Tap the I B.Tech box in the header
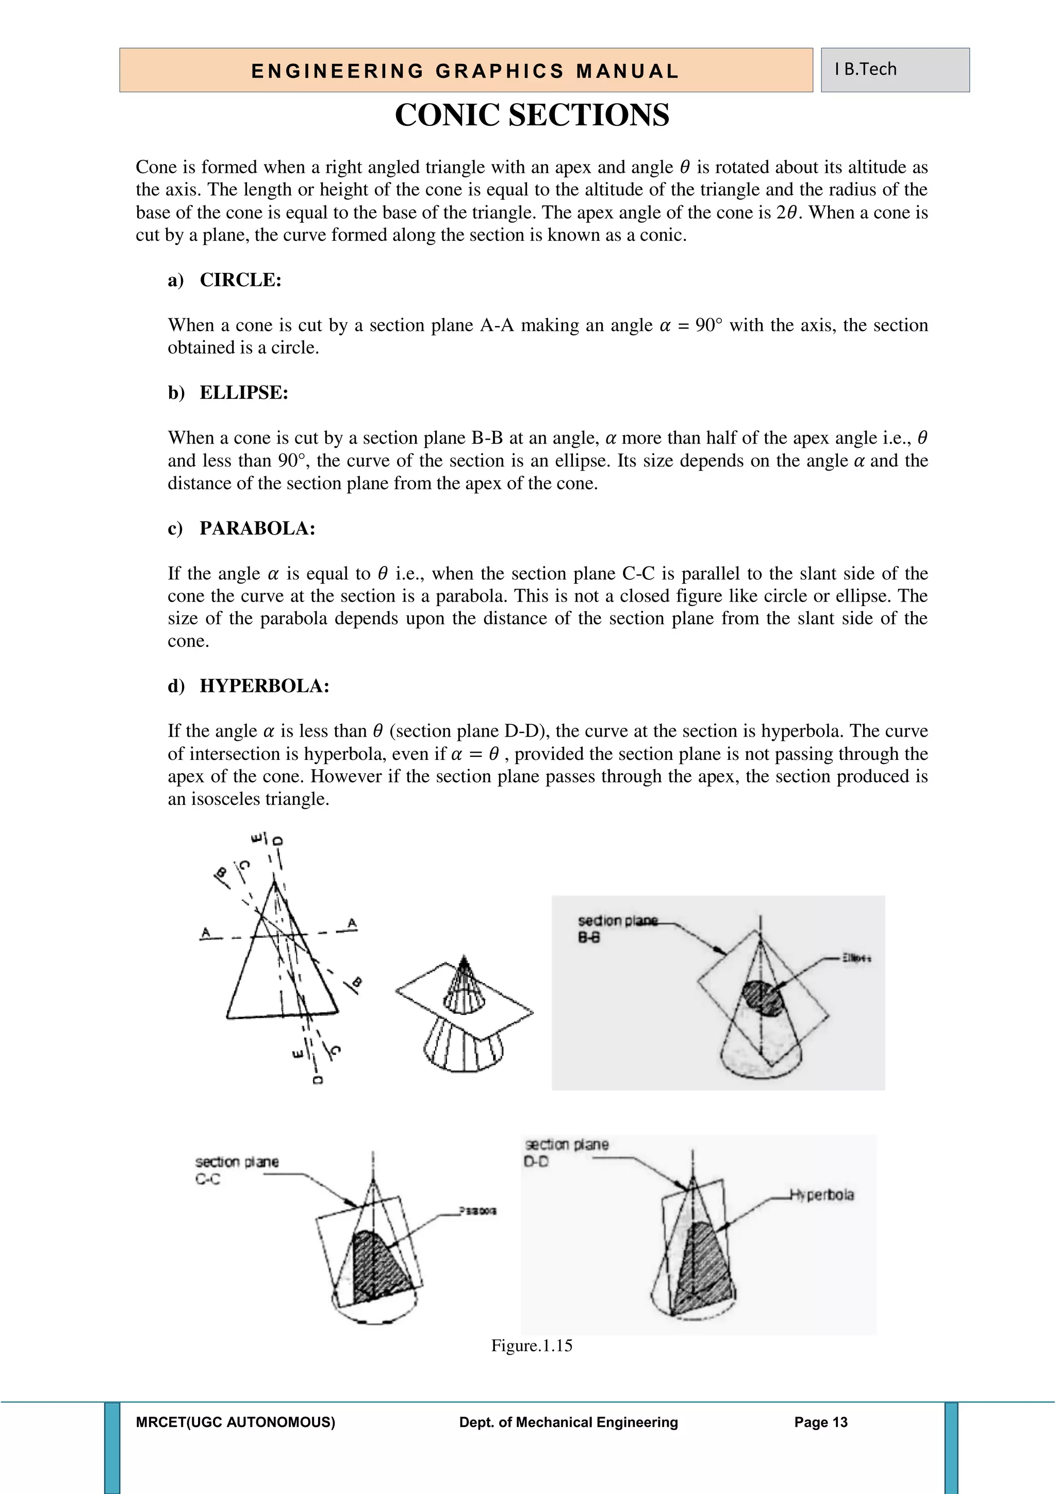(894, 70)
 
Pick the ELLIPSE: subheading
(243, 393)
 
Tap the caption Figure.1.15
(531, 1345)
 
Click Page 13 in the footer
(820, 1422)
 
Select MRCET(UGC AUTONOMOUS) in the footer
(236, 1422)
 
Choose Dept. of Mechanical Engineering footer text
(568, 1422)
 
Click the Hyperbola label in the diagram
(821, 1195)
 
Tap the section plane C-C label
(237, 1170)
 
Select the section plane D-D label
(566, 1152)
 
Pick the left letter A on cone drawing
(206, 932)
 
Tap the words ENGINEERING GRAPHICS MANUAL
(465, 71)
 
